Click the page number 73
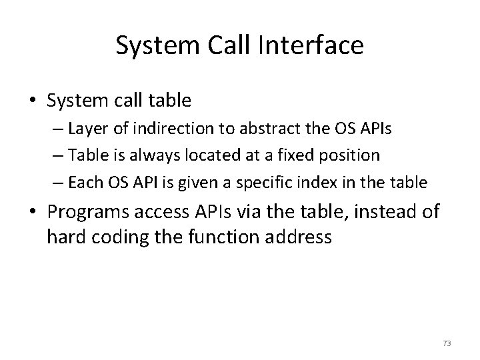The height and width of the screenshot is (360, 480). click(x=447, y=343)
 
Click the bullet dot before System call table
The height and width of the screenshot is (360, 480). click(x=33, y=101)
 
